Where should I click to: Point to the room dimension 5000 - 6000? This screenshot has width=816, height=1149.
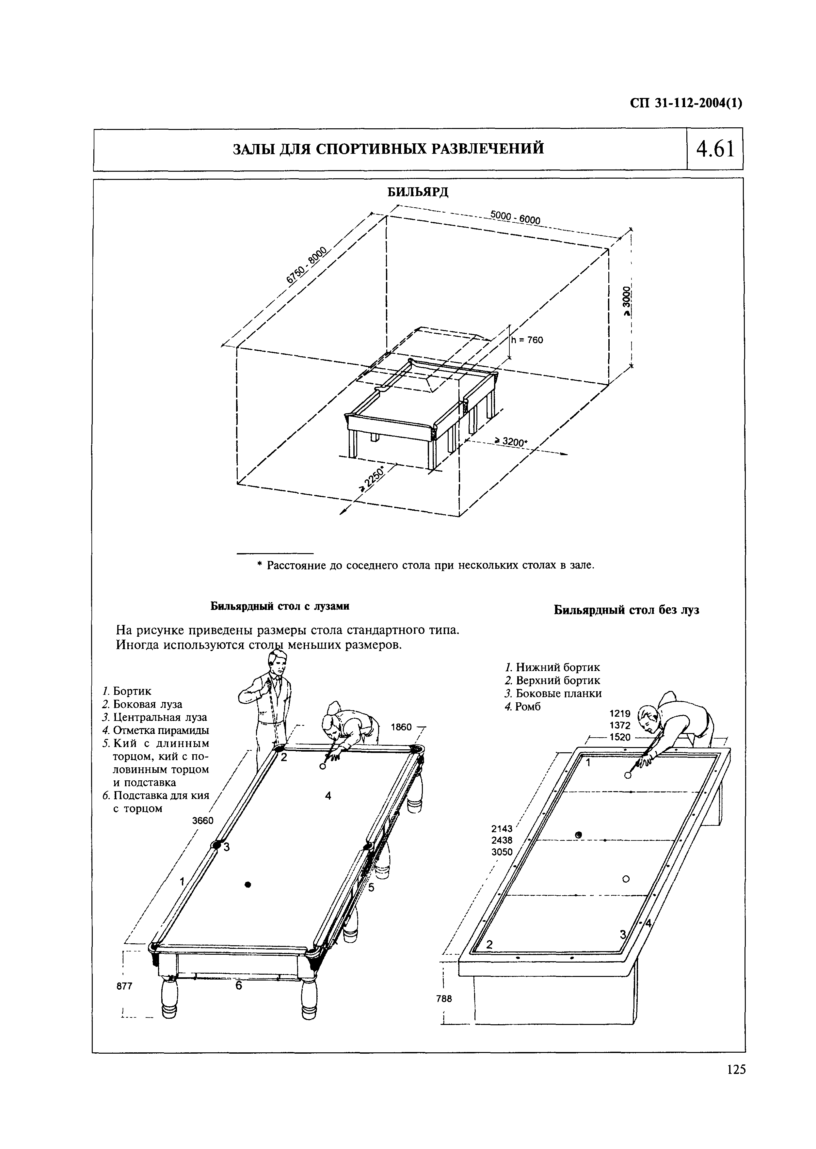pos(515,217)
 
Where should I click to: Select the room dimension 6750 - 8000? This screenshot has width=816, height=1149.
pos(306,266)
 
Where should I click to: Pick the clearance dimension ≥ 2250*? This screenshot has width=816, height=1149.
pos(372,478)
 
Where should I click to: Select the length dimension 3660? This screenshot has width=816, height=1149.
pos(203,821)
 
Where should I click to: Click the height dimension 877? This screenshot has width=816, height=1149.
pos(124,986)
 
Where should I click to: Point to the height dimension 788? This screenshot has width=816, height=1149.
pos(444,999)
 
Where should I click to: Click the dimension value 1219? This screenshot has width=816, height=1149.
pos(619,713)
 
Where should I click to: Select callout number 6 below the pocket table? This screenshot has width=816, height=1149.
pos(239,986)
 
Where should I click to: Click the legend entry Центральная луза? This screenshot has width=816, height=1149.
pos(159,717)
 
